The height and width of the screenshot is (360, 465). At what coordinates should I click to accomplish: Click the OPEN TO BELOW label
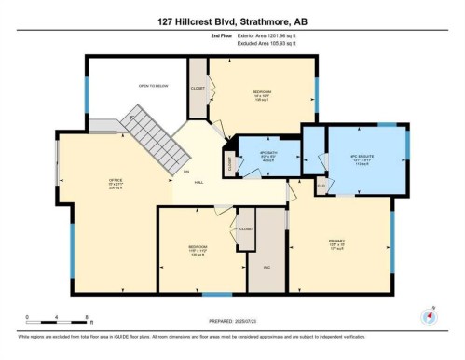(153, 86)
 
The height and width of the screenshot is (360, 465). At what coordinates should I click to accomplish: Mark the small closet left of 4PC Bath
(229, 161)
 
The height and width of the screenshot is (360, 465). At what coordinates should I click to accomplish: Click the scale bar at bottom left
(56, 318)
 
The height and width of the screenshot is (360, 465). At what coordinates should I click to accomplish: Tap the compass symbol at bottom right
(429, 315)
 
